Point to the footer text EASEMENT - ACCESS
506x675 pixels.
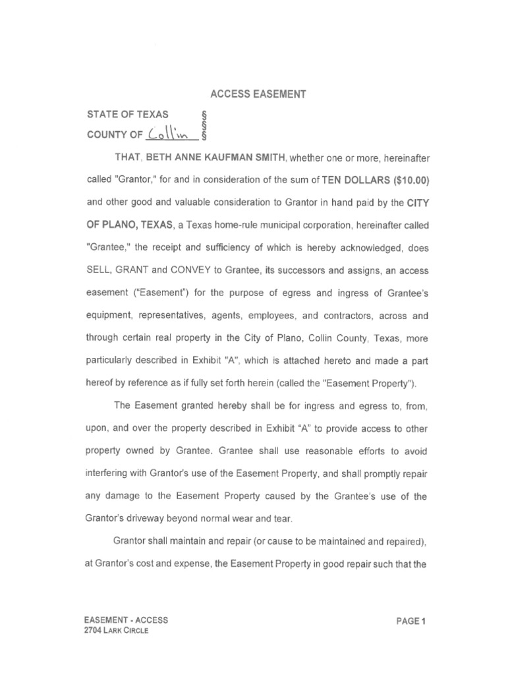click(127, 620)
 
